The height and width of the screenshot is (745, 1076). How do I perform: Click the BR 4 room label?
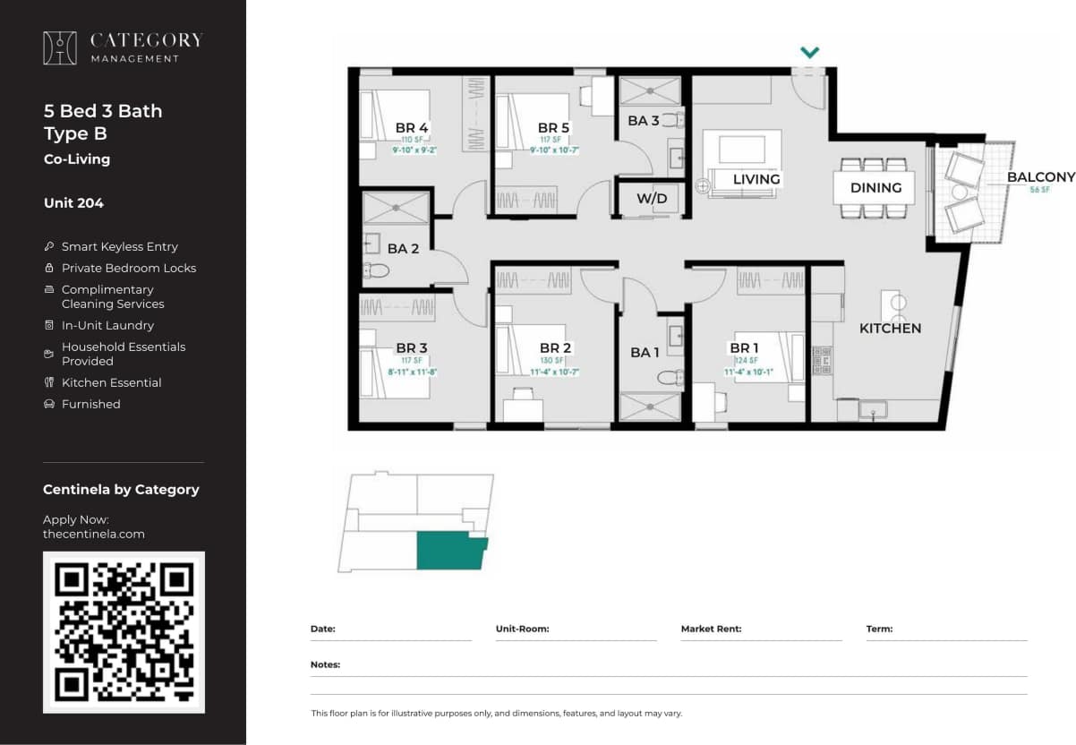pyautogui.click(x=412, y=128)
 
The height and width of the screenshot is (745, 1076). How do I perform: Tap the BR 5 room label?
pyautogui.click(x=553, y=128)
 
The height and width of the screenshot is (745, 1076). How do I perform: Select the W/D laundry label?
pyautogui.click(x=652, y=199)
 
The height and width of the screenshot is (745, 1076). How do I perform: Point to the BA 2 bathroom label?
pyautogui.click(x=403, y=249)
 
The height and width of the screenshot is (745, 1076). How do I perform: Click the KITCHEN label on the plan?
pyautogui.click(x=890, y=329)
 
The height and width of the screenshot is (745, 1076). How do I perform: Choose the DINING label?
pyautogui.click(x=875, y=187)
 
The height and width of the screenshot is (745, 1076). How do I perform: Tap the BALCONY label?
pyautogui.click(x=1040, y=177)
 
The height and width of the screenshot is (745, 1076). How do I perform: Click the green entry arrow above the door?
pyautogui.click(x=809, y=53)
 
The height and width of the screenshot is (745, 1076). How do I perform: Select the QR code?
pyautogui.click(x=124, y=631)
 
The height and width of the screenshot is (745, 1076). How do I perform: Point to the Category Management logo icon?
pyautogui.click(x=60, y=48)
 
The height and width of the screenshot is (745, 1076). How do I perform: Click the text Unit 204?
pyautogui.click(x=73, y=203)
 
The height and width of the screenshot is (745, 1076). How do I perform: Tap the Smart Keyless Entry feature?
pyautogui.click(x=119, y=246)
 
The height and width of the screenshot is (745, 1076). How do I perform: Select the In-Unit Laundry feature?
pyautogui.click(x=107, y=325)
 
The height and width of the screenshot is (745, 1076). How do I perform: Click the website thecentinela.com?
pyautogui.click(x=93, y=534)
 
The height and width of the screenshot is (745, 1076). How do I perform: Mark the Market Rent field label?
pyautogui.click(x=711, y=629)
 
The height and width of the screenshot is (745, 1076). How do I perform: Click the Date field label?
pyautogui.click(x=322, y=629)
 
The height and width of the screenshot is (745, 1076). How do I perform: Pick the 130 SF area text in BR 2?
pyautogui.click(x=555, y=361)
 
